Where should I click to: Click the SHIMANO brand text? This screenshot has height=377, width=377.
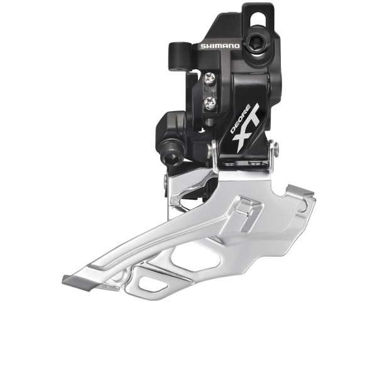(x=219, y=46)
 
